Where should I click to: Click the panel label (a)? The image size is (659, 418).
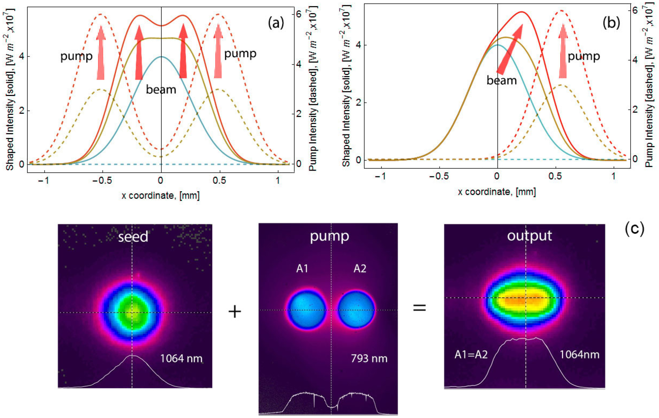click(x=276, y=23)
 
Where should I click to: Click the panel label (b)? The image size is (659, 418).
click(x=611, y=23)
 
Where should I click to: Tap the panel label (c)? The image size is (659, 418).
click(x=634, y=229)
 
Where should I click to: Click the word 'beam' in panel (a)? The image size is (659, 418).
click(x=161, y=90)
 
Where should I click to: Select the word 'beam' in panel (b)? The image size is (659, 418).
click(x=502, y=81)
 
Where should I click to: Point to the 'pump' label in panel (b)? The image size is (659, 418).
click(x=584, y=56)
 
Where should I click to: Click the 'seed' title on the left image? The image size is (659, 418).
click(x=133, y=237)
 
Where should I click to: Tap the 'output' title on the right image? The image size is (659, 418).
click(x=529, y=236)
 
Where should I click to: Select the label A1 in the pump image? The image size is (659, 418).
click(x=302, y=268)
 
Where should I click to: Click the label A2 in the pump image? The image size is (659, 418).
click(x=360, y=268)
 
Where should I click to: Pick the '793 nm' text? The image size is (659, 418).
click(x=369, y=358)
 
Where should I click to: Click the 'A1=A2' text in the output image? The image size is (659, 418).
click(x=471, y=354)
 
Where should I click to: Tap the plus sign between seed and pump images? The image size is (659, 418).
click(x=235, y=312)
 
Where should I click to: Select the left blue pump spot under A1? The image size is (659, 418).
click(x=307, y=310)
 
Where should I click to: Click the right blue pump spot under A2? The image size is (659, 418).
click(x=356, y=310)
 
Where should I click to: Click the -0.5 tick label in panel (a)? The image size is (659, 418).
click(x=102, y=181)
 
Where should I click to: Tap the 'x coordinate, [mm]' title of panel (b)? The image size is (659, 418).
click(x=497, y=192)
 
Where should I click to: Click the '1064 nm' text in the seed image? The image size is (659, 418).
click(x=181, y=358)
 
